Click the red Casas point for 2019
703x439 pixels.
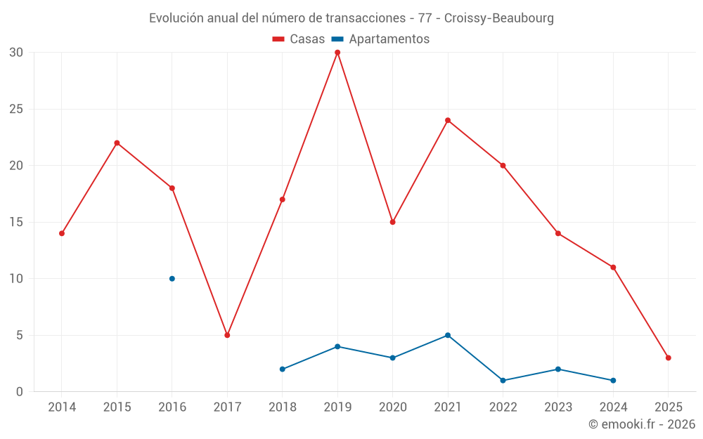[337, 53]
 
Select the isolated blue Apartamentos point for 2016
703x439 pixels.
[172, 279]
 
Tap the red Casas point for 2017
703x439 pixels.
[227, 335]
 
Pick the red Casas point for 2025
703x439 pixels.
[668, 358]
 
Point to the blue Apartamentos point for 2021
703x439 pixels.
[448, 335]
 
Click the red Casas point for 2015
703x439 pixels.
[117, 143]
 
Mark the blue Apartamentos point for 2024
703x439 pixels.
[613, 380]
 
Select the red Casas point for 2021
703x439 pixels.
[448, 120]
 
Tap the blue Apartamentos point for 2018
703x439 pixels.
[282, 369]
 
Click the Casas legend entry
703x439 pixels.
[299, 39]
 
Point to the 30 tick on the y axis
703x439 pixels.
[16, 53]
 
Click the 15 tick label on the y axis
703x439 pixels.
[16, 222]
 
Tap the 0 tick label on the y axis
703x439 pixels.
[20, 391]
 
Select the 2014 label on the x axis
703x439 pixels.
[62, 407]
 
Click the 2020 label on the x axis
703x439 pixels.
[392, 407]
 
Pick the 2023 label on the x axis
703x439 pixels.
[558, 407]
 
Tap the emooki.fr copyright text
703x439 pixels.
[641, 424]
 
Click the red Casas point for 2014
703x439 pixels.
[62, 233]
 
